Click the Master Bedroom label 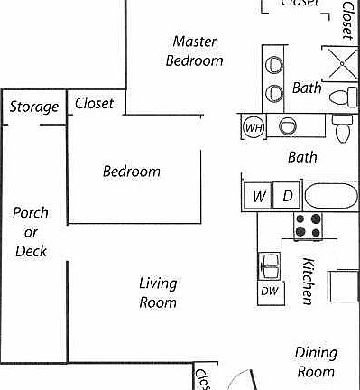point(197,51)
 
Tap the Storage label point(33,107)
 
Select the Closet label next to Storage point(94,103)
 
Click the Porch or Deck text point(31,232)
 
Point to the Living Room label point(157,293)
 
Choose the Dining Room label point(316,361)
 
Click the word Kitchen point(308,281)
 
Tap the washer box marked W point(258,196)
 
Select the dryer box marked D point(287,196)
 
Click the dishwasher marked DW point(269,291)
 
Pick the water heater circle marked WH point(254,127)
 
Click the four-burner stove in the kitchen point(308,225)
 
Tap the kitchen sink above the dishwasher point(269,265)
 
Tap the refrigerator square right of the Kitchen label point(343,286)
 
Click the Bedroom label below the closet point(131,172)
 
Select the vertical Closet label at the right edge point(347,20)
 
